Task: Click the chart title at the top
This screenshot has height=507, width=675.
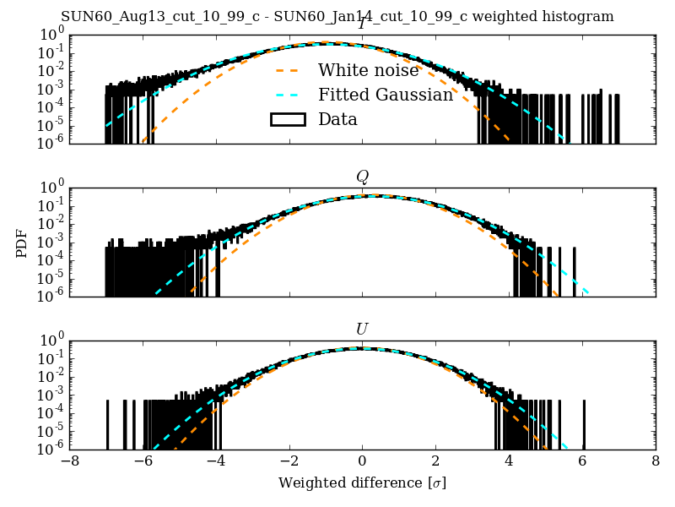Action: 337,17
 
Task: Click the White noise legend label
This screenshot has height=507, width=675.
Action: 368,71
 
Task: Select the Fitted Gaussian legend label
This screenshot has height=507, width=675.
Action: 386,95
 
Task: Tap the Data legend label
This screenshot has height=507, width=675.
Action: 337,120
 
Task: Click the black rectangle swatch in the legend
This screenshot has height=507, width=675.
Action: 287,120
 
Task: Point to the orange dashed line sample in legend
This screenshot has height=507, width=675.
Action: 287,71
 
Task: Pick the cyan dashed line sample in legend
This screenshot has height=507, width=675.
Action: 287,95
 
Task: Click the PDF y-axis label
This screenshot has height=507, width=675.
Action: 22,243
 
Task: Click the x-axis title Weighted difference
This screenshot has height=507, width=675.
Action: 362,483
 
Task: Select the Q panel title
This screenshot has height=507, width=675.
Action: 362,177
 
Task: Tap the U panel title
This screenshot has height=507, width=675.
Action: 362,329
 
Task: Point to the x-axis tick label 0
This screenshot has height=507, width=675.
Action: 363,463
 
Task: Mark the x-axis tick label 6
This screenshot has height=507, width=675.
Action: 582,463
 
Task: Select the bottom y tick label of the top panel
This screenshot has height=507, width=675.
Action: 51,144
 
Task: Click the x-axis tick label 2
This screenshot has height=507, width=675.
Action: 435,463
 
